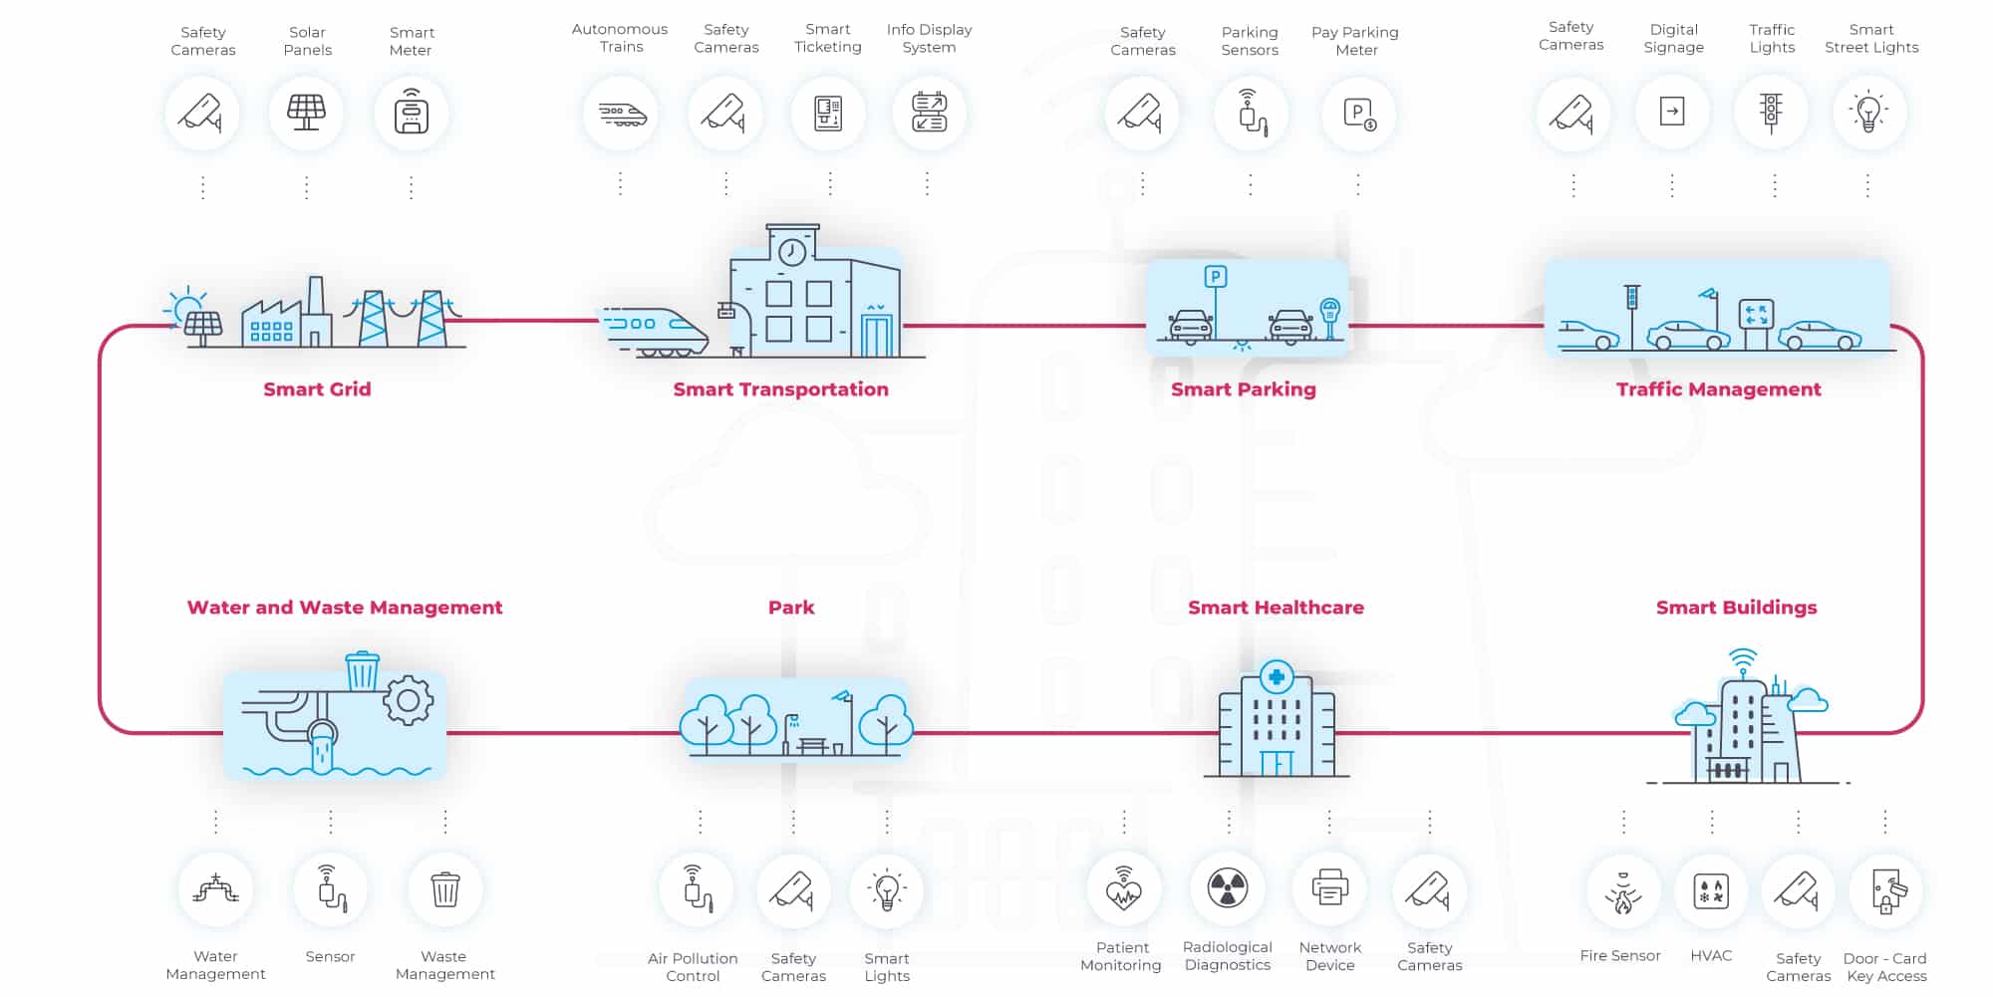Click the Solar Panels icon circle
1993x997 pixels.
tap(306, 113)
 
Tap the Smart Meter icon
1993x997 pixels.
tap(411, 113)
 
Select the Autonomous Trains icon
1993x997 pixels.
tap(621, 114)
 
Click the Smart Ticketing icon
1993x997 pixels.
tap(828, 113)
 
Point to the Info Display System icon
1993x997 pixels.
tap(929, 112)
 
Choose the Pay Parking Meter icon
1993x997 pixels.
tap(1358, 114)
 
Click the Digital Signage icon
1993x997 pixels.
tap(1672, 112)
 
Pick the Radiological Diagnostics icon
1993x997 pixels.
tap(1228, 887)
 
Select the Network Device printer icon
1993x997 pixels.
tap(1329, 887)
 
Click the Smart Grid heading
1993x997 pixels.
tap(317, 389)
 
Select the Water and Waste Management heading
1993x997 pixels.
tap(345, 608)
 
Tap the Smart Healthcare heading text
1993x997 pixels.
tap(1276, 608)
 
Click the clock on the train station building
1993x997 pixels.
tap(792, 252)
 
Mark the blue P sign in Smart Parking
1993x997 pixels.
tap(1215, 277)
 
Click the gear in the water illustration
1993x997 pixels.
tap(408, 700)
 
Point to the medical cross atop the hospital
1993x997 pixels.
tap(1277, 677)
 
